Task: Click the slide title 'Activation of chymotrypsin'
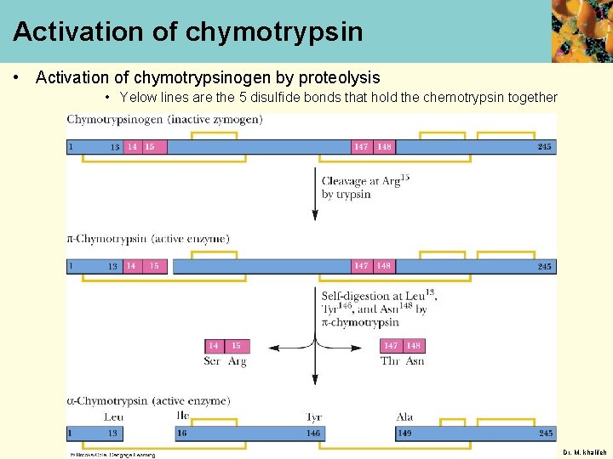(187, 32)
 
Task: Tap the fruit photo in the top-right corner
(581, 31)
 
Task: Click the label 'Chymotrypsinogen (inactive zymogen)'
(164, 119)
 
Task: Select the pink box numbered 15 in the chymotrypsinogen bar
(150, 147)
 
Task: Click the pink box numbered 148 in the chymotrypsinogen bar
(385, 147)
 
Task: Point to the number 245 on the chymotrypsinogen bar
(544, 147)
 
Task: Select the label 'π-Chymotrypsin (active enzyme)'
(148, 239)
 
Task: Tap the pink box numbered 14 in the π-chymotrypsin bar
(131, 266)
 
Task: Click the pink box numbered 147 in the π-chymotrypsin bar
(361, 266)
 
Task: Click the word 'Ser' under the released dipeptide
(213, 361)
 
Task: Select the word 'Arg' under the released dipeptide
(237, 361)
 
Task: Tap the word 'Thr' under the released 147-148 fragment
(390, 361)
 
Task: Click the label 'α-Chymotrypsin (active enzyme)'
(148, 400)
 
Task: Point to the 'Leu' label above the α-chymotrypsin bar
(113, 417)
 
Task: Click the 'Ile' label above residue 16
(182, 416)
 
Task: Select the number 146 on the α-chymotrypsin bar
(313, 433)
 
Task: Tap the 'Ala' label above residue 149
(404, 417)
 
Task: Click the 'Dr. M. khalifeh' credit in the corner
(586, 452)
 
